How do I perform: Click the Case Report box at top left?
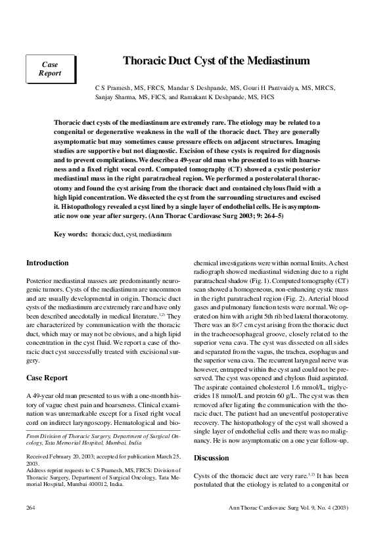click(x=51, y=69)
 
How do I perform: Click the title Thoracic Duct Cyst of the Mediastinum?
click(x=216, y=61)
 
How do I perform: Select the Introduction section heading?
click(x=47, y=263)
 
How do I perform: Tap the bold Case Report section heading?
click(x=47, y=378)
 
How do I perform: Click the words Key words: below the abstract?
click(x=70, y=233)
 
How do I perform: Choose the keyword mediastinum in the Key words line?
click(x=156, y=233)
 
